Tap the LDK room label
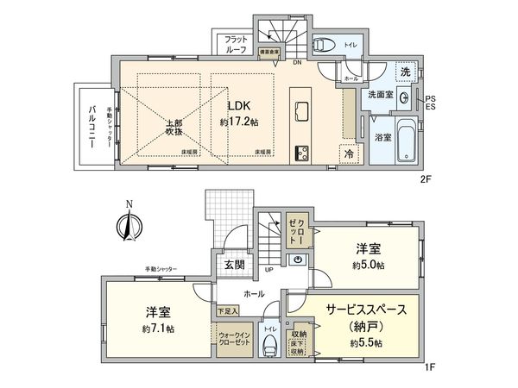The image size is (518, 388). click(x=237, y=106)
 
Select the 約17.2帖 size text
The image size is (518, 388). click(x=237, y=123)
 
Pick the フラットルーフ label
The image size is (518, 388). click(x=237, y=45)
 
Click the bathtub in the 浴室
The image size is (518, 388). click(x=403, y=149)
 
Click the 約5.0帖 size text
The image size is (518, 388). click(x=368, y=265)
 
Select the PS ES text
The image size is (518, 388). click(x=431, y=103)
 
